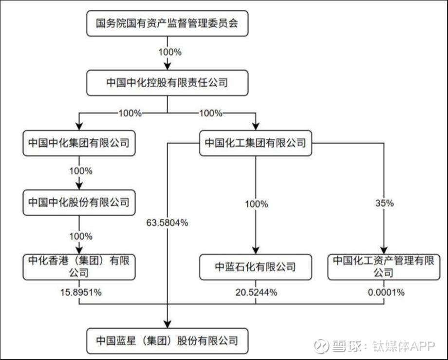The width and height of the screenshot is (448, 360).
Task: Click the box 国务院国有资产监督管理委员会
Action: [x=167, y=23]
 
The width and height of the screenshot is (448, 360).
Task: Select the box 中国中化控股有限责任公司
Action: [x=167, y=83]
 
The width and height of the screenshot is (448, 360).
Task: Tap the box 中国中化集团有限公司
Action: [x=78, y=143]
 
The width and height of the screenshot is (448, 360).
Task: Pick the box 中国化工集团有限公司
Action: [x=255, y=143]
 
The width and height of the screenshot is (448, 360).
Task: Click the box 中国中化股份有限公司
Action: [x=78, y=202]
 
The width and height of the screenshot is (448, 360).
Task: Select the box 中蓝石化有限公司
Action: [x=255, y=267]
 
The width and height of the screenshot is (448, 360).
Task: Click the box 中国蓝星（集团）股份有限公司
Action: [x=167, y=340]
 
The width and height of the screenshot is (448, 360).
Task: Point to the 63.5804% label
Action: [x=167, y=224]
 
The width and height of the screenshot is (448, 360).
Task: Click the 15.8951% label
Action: [x=78, y=292]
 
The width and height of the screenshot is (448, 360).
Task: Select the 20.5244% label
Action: [x=255, y=292]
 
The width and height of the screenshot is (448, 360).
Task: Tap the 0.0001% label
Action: [x=383, y=292]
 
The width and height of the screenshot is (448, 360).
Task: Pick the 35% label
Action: [x=383, y=204]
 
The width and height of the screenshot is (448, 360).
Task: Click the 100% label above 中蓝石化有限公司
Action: [x=255, y=204]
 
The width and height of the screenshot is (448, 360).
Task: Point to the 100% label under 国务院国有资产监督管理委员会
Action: [x=167, y=51]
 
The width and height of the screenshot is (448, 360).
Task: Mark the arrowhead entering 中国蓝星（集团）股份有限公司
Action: [x=167, y=324]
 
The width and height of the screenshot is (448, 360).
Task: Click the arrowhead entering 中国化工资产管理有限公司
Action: [x=383, y=249]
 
